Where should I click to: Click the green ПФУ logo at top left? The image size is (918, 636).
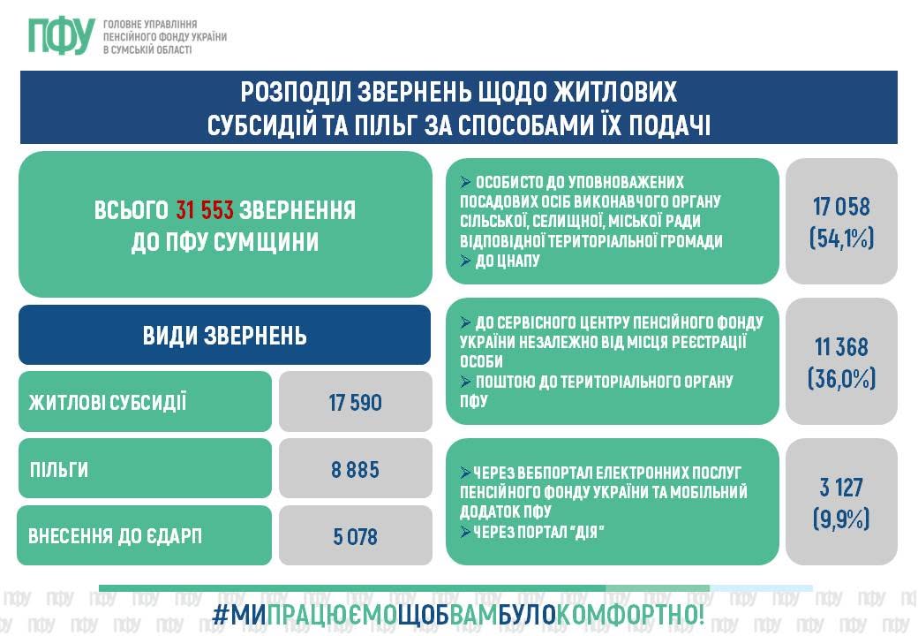pyautogui.click(x=62, y=35)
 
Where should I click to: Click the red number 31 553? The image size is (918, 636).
pyautogui.click(x=205, y=209)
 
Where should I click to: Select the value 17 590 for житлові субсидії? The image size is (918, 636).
pyautogui.click(x=356, y=402)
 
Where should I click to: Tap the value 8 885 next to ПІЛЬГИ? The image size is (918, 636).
pyautogui.click(x=356, y=470)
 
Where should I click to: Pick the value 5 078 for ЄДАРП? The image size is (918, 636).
pyautogui.click(x=356, y=536)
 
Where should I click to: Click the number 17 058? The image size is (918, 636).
pyautogui.click(x=841, y=206)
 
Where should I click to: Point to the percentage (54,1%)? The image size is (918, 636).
pyautogui.click(x=841, y=238)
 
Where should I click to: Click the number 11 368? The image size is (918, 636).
pyautogui.click(x=841, y=346)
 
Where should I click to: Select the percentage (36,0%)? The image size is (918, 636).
pyautogui.click(x=841, y=379)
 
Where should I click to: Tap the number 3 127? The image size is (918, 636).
pyautogui.click(x=841, y=488)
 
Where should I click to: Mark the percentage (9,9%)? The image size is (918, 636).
pyautogui.click(x=841, y=519)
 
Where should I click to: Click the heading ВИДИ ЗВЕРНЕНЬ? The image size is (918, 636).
pyautogui.click(x=225, y=336)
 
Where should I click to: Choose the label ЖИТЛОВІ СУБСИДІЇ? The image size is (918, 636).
pyautogui.click(x=108, y=402)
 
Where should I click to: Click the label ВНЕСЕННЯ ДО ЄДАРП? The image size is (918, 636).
pyautogui.click(x=115, y=536)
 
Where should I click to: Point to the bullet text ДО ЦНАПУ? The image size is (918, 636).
pyautogui.click(x=507, y=261)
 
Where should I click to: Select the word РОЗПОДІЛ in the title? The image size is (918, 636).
pyautogui.click(x=296, y=91)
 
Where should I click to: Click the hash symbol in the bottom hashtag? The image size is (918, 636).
pyautogui.click(x=221, y=615)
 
